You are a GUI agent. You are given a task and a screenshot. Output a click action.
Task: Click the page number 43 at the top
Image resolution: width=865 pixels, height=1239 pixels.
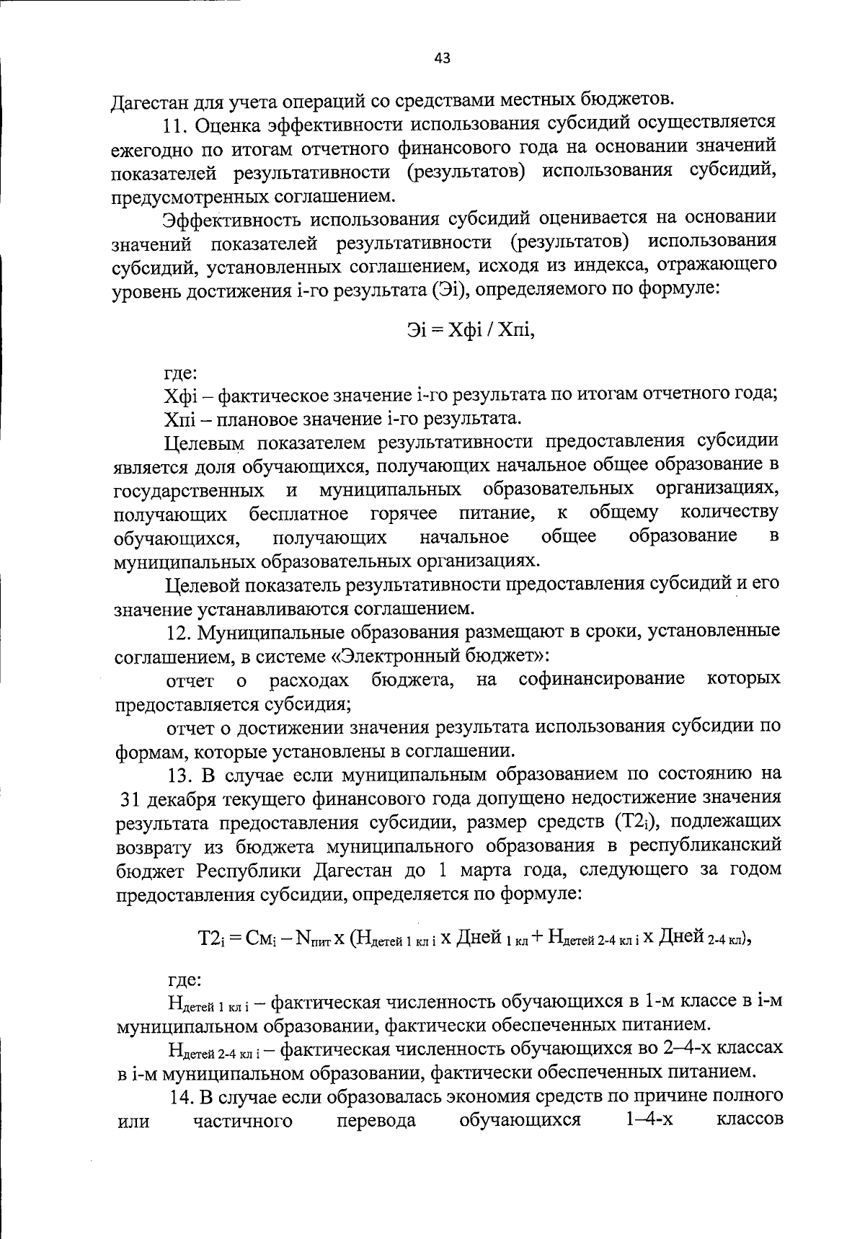442,59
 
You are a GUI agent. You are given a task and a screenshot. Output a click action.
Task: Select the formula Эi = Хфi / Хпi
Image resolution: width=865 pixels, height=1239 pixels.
471,330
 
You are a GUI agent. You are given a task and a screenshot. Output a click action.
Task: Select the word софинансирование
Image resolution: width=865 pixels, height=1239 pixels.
602,679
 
